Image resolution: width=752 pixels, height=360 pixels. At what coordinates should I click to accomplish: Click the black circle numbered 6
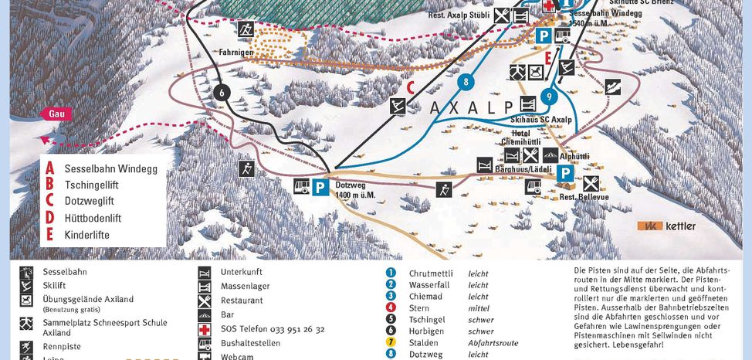pos(222,92)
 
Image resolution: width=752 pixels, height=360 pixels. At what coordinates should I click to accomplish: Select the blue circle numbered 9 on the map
pos(548,97)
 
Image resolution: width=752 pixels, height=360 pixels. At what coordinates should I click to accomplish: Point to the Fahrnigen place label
pos(236,53)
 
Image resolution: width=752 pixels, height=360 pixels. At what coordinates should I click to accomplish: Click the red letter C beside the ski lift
pos(411,87)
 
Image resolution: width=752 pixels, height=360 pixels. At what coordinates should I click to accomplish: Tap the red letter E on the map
pos(547,59)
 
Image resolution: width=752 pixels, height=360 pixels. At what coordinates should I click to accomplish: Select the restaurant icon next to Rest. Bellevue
pos(591,183)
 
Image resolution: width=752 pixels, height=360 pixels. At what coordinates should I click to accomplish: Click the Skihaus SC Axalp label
pos(541,120)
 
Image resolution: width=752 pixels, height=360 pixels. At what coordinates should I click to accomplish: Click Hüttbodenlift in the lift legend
pos(93,218)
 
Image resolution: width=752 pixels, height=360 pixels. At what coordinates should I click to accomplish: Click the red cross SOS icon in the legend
pos(205,329)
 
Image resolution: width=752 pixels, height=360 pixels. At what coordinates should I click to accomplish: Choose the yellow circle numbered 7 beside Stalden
pos(391,343)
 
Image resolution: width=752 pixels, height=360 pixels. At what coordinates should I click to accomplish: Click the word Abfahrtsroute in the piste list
pos(493,343)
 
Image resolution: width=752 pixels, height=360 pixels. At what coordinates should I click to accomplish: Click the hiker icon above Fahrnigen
pos(246,29)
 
